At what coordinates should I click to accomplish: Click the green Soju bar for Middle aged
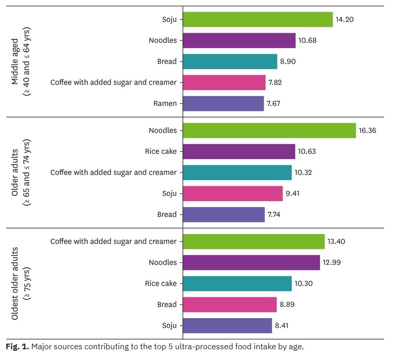pyautogui.click(x=258, y=19)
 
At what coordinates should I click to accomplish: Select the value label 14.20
pyautogui.click(x=345, y=19)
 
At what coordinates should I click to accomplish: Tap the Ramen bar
pyautogui.click(x=223, y=104)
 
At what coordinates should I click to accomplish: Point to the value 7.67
pyautogui.click(x=273, y=104)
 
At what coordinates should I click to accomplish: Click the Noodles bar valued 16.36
pyautogui.click(x=269, y=130)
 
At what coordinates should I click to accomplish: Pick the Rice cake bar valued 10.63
pyautogui.click(x=239, y=151)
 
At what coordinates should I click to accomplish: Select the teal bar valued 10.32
pyautogui.click(x=237, y=172)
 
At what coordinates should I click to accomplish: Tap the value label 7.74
pyautogui.click(x=274, y=215)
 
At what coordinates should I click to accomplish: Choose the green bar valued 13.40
pyautogui.click(x=253, y=241)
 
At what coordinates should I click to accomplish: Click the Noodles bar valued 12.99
pyautogui.click(x=251, y=262)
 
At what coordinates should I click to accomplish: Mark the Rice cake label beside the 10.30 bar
pyautogui.click(x=160, y=284)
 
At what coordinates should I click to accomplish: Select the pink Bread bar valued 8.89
pyautogui.click(x=229, y=305)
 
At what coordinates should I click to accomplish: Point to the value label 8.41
pyautogui.click(x=281, y=326)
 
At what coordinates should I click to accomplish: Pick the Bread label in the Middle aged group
pyautogui.click(x=167, y=61)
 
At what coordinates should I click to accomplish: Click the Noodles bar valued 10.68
pyautogui.click(x=239, y=40)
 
